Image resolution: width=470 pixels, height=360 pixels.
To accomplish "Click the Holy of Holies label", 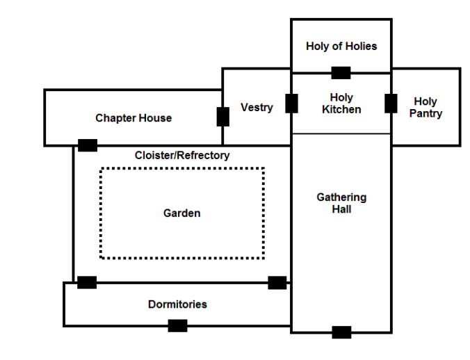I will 341,46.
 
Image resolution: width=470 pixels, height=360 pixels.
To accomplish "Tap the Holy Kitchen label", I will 341,104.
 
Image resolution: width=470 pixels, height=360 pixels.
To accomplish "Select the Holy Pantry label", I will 426,107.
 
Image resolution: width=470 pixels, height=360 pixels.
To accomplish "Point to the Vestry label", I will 257,107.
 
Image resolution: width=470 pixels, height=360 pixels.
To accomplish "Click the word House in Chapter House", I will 155,118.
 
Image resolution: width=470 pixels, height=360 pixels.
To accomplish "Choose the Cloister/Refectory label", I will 182,156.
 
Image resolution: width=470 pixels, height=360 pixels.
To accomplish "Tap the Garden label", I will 182,213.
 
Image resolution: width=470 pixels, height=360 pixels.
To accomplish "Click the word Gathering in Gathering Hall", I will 341,197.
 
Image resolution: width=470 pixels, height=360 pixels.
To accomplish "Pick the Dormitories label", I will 177,304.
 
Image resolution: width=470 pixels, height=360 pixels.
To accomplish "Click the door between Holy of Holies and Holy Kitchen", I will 341,73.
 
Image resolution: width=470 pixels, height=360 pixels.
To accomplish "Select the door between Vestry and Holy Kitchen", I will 291,103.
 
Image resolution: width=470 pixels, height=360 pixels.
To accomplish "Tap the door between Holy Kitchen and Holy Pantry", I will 391,103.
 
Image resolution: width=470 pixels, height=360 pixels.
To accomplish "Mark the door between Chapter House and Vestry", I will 222,116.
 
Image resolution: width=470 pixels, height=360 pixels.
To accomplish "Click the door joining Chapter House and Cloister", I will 88,145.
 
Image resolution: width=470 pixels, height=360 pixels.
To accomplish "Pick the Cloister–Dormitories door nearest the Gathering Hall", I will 277,282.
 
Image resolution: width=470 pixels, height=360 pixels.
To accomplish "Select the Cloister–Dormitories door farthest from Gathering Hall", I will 87,282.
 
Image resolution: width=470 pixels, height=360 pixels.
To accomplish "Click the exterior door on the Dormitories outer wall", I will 177,325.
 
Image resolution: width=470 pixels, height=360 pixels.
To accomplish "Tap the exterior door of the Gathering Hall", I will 341,332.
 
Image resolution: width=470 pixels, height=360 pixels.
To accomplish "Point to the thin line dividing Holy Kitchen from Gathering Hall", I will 341,133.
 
